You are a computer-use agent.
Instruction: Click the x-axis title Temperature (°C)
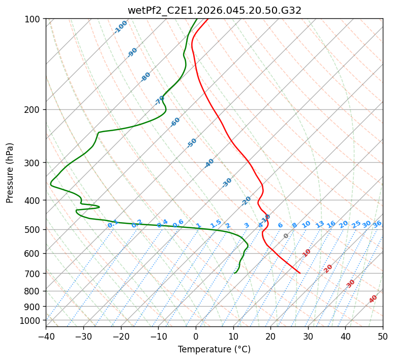point(214,349)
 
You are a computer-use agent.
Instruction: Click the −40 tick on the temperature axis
point(46,336)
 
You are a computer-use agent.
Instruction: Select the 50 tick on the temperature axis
point(383,336)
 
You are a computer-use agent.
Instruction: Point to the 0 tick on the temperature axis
point(196,336)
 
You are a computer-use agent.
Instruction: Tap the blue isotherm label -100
point(121,27)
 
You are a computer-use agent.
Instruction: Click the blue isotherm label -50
point(192,143)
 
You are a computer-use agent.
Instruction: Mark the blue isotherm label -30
point(227,182)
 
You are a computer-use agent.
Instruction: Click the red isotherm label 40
point(373,299)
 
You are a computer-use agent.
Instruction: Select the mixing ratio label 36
point(377,224)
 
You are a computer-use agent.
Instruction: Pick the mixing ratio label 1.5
point(216,224)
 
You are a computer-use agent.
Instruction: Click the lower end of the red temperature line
point(300,273)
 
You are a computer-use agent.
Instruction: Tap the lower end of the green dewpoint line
point(234,273)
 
